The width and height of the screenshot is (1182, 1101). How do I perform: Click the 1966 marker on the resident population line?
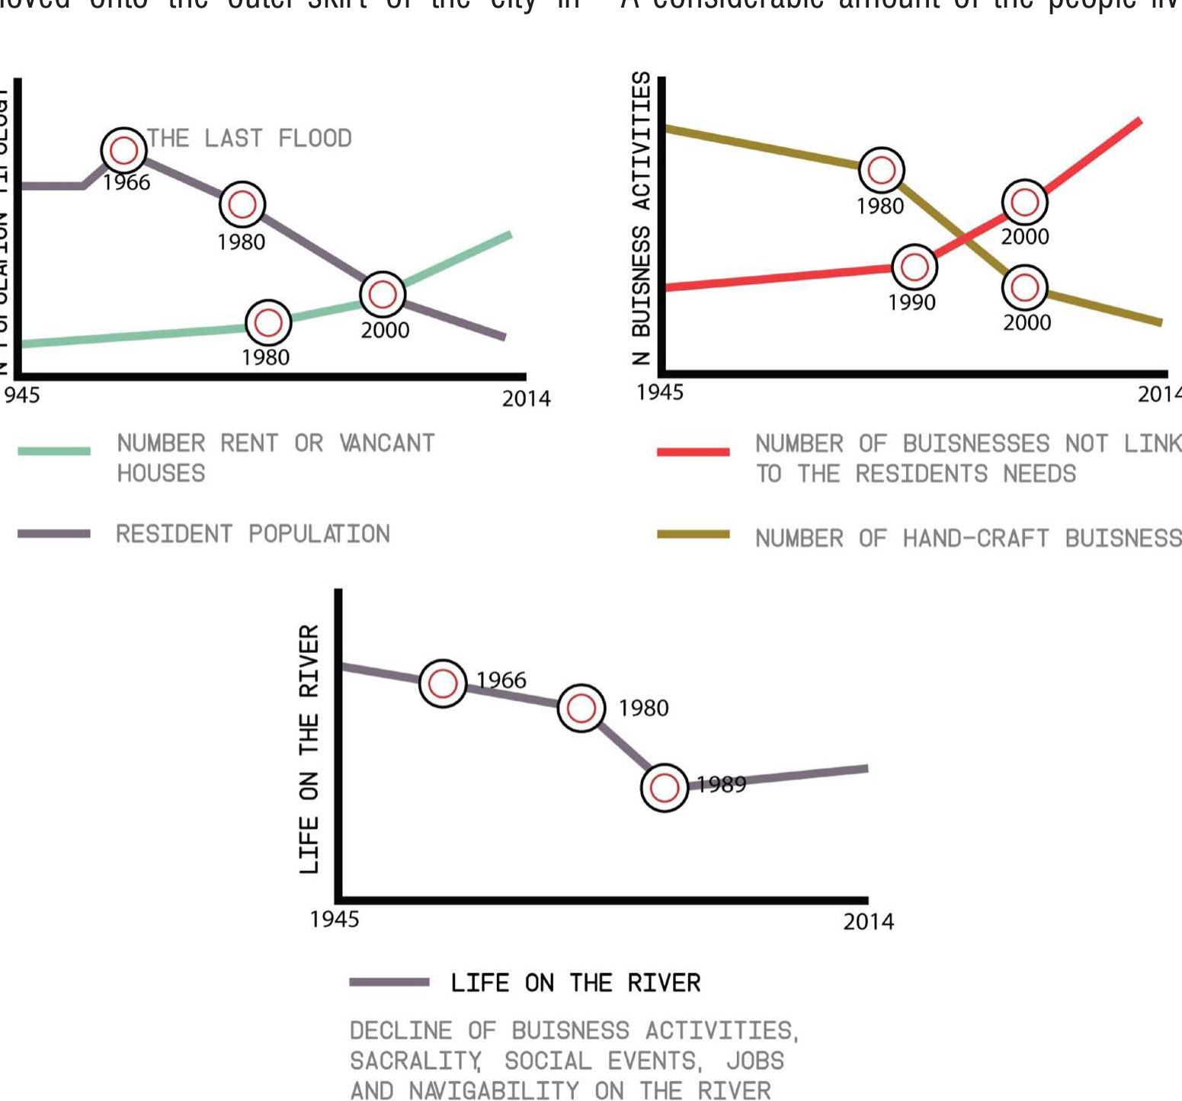123,150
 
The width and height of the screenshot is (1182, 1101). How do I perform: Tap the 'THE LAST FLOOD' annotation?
249,138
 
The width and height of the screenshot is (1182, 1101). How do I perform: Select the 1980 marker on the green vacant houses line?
268,322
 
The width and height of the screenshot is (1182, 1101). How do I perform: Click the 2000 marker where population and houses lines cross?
382,294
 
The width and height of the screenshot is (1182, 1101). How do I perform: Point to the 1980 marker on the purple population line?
242,204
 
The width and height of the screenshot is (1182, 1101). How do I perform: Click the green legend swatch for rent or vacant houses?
54,450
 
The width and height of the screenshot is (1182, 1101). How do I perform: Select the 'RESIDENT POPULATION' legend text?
252,533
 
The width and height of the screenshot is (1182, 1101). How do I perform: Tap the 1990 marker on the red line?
914,267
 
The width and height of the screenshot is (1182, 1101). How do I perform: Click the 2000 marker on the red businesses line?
1024,202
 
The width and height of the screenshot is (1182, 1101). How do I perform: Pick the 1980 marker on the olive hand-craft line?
882,170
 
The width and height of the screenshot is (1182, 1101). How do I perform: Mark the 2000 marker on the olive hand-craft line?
1024,287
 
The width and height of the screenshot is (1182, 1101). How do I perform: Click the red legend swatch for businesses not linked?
693,452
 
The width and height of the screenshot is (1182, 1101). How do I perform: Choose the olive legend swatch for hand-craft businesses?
693,535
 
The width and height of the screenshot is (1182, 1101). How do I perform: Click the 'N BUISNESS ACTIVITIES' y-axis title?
642,218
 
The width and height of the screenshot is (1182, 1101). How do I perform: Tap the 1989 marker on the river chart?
665,787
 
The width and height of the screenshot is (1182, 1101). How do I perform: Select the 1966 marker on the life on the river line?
443,683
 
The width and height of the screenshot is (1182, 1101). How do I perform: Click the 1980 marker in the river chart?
581,708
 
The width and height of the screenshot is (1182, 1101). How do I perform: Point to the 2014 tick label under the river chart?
868,922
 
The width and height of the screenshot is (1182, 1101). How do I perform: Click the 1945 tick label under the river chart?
334,920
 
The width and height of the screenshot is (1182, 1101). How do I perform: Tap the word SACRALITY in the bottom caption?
415,1061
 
